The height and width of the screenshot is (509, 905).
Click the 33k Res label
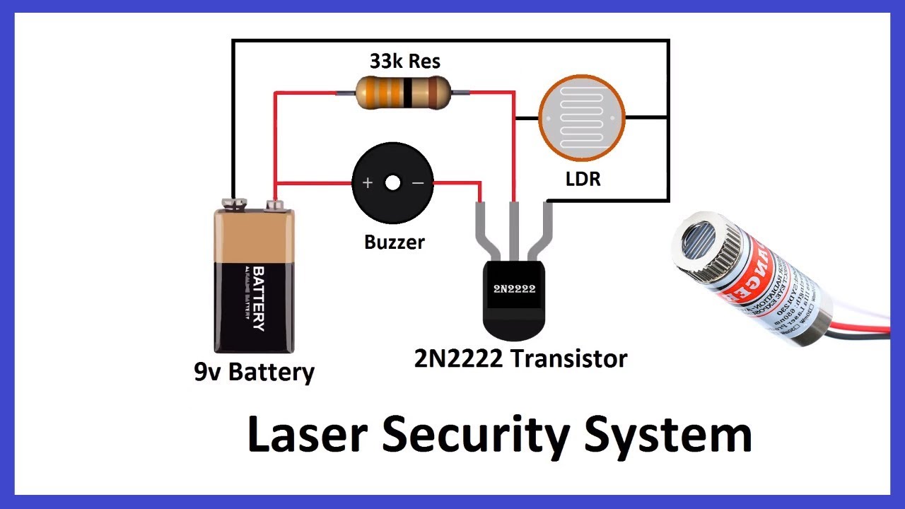pyautogui.click(x=404, y=62)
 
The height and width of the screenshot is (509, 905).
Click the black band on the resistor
pyautogui.click(x=409, y=93)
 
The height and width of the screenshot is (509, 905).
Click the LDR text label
pyautogui.click(x=583, y=179)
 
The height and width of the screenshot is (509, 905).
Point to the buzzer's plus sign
pyautogui.click(x=368, y=183)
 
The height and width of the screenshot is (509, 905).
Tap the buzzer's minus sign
pyautogui.click(x=418, y=183)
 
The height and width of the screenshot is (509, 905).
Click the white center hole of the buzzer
pyautogui.click(x=392, y=183)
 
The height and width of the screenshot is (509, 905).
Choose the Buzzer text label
pyautogui.click(x=395, y=242)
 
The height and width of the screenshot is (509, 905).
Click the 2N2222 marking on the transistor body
pyautogui.click(x=514, y=288)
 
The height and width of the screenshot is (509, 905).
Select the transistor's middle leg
pyautogui.click(x=514, y=230)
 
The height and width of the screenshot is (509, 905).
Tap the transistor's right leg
pyautogui.click(x=542, y=230)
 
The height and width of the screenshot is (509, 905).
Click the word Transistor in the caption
pyautogui.click(x=569, y=358)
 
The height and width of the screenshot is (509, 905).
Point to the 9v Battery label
pyautogui.click(x=254, y=372)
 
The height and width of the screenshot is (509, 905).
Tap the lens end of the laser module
pyautogui.click(x=700, y=244)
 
